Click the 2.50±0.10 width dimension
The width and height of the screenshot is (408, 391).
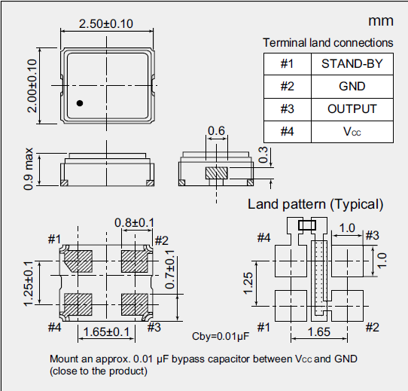105,23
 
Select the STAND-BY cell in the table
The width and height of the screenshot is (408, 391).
352,64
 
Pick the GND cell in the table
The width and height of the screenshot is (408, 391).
352,87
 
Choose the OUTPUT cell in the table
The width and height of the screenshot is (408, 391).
352,109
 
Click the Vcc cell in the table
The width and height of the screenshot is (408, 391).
352,132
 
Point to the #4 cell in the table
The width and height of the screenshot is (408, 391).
287,132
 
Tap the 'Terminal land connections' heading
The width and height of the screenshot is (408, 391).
327,43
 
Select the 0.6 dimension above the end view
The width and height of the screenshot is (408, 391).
217,132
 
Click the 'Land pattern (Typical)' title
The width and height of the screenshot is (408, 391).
315,204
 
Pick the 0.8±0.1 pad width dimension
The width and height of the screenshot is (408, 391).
134,222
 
